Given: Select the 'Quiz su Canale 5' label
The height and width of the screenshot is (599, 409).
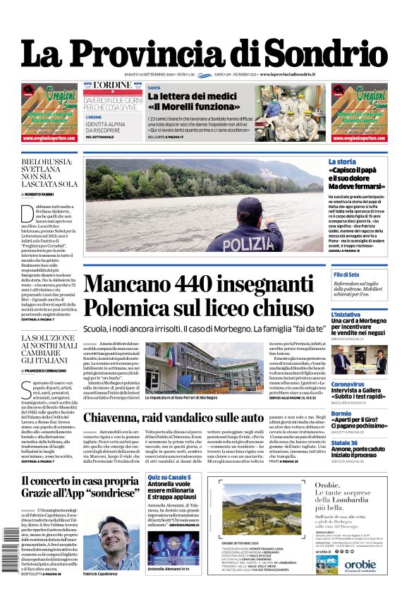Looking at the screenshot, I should click(169, 478).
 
